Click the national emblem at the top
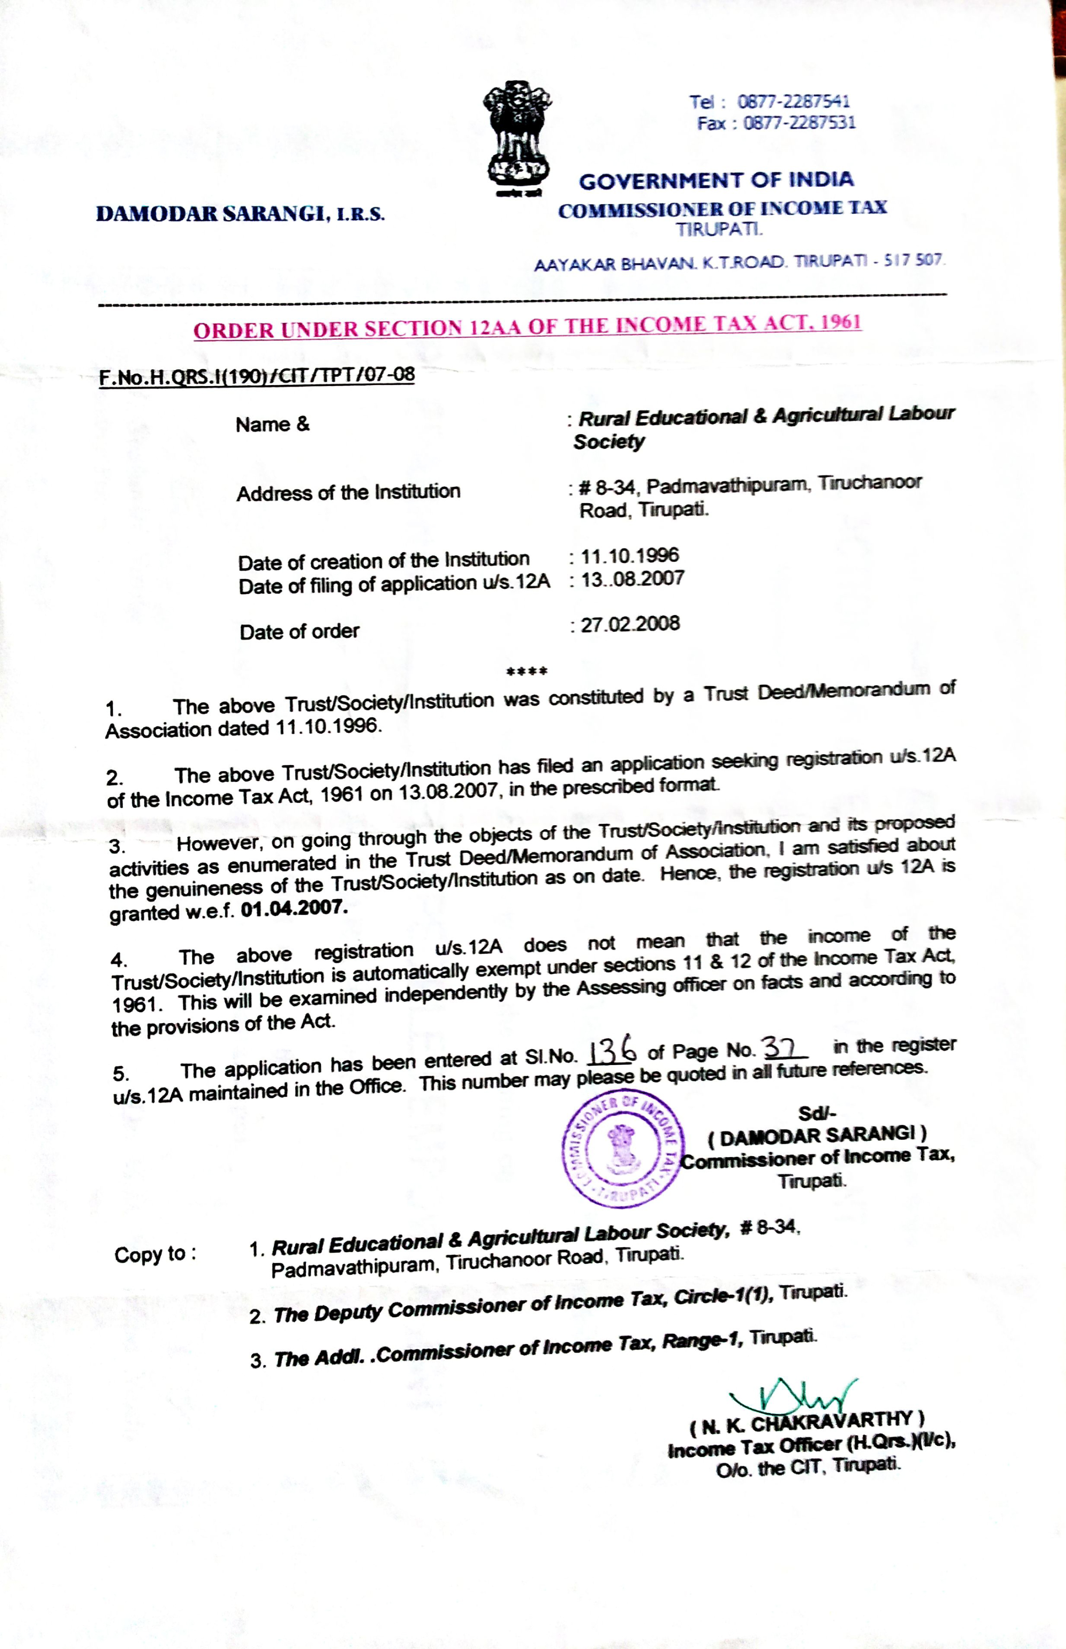coord(517,138)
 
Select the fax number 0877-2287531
coord(799,123)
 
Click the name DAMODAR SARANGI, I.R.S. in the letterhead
coord(240,213)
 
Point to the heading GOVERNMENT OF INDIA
coord(716,181)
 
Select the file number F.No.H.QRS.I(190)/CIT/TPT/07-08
coord(257,376)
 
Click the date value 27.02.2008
coord(630,624)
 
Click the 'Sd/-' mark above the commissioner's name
coord(817,1113)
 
